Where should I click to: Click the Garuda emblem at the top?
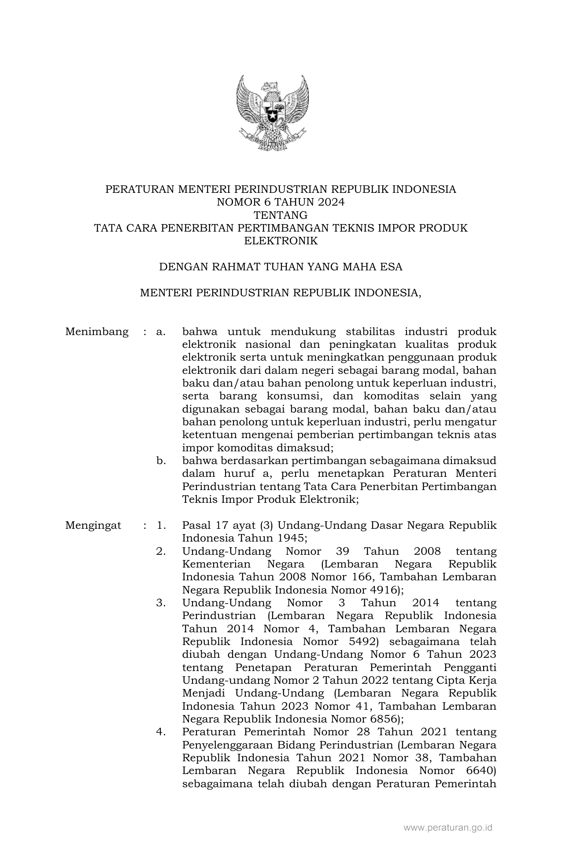point(272,112)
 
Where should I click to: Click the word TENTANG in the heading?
point(281,215)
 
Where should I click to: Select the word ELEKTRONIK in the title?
point(281,241)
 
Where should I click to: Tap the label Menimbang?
point(97,332)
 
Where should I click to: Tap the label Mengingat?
point(93,525)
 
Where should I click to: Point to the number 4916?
point(382,590)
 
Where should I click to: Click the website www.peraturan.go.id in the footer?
point(448,828)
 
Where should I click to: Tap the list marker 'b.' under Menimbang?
point(161,461)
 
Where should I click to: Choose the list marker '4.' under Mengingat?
point(161,732)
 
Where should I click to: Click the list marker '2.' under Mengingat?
point(161,551)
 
